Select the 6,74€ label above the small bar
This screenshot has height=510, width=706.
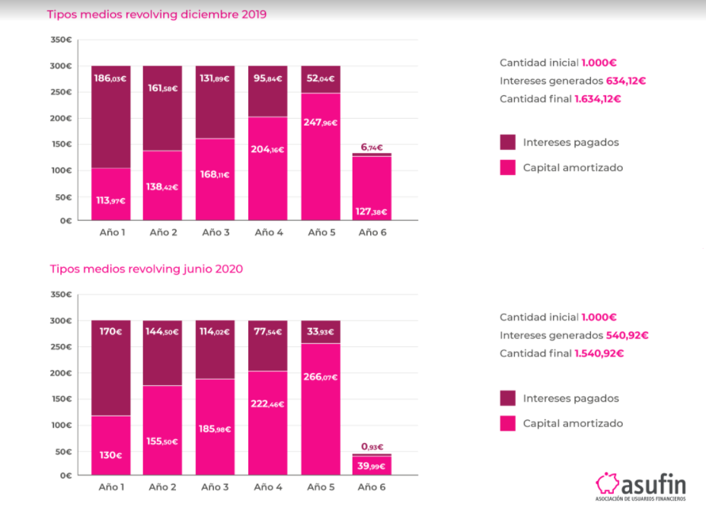pos(372,148)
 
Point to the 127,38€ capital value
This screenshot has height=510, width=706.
pos(372,211)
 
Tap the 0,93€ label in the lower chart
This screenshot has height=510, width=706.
pos(372,448)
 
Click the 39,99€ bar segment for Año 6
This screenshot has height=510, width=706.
pos(372,465)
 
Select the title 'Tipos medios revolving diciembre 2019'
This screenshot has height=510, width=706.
pos(156,14)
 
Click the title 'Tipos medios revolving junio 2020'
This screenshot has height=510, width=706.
pos(146,268)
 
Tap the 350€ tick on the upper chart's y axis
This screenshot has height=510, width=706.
pos(62,40)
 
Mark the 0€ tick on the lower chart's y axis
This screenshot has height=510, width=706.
pos(66,476)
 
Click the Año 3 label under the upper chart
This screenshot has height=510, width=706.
pos(216,232)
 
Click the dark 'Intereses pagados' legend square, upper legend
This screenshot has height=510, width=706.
pos(508,142)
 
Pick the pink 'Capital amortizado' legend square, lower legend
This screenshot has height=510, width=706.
pos(508,423)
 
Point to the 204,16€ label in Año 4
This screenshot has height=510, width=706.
pos(267,150)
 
